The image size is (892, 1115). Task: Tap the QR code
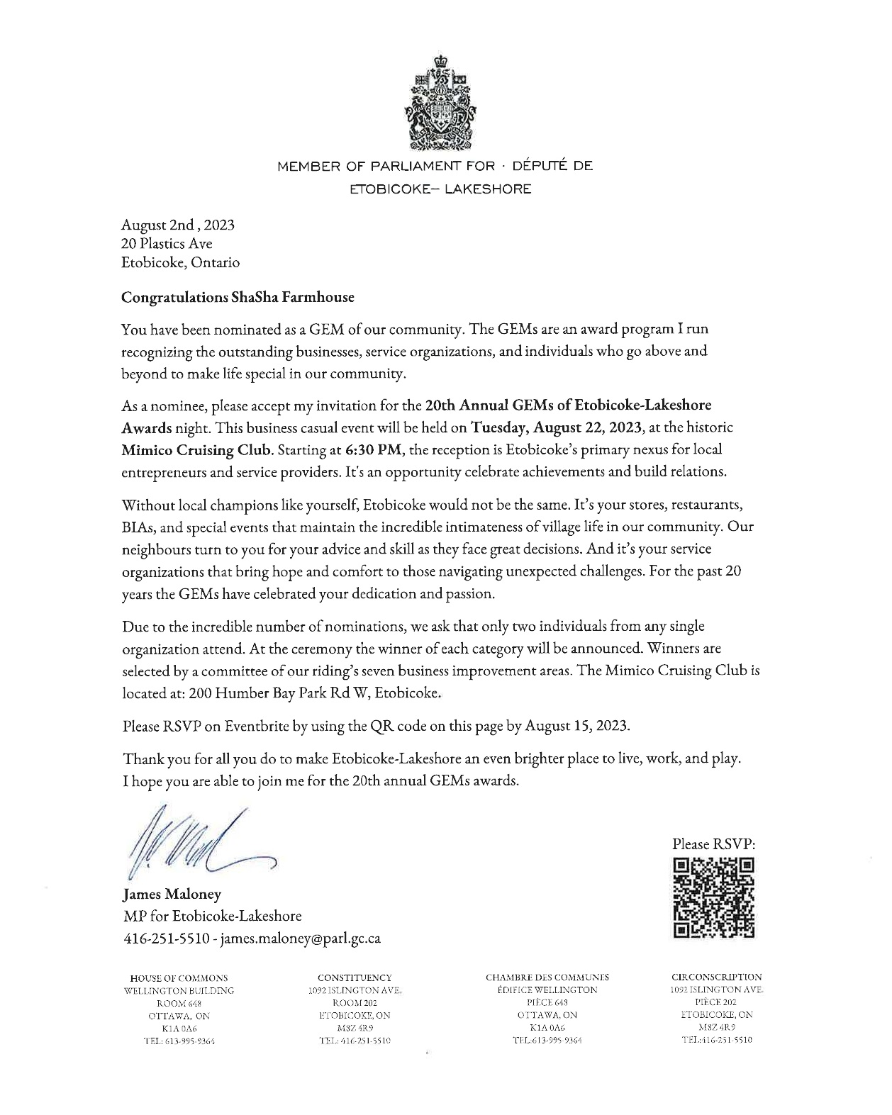click(x=713, y=898)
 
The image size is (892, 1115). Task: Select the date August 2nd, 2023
click(x=177, y=225)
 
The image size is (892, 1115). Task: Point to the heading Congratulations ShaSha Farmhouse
click(x=238, y=297)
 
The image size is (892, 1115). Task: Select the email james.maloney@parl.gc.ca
click(x=301, y=938)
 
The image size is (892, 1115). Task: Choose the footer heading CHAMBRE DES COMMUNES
click(x=547, y=977)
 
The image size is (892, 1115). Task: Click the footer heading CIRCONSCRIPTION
click(x=716, y=977)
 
